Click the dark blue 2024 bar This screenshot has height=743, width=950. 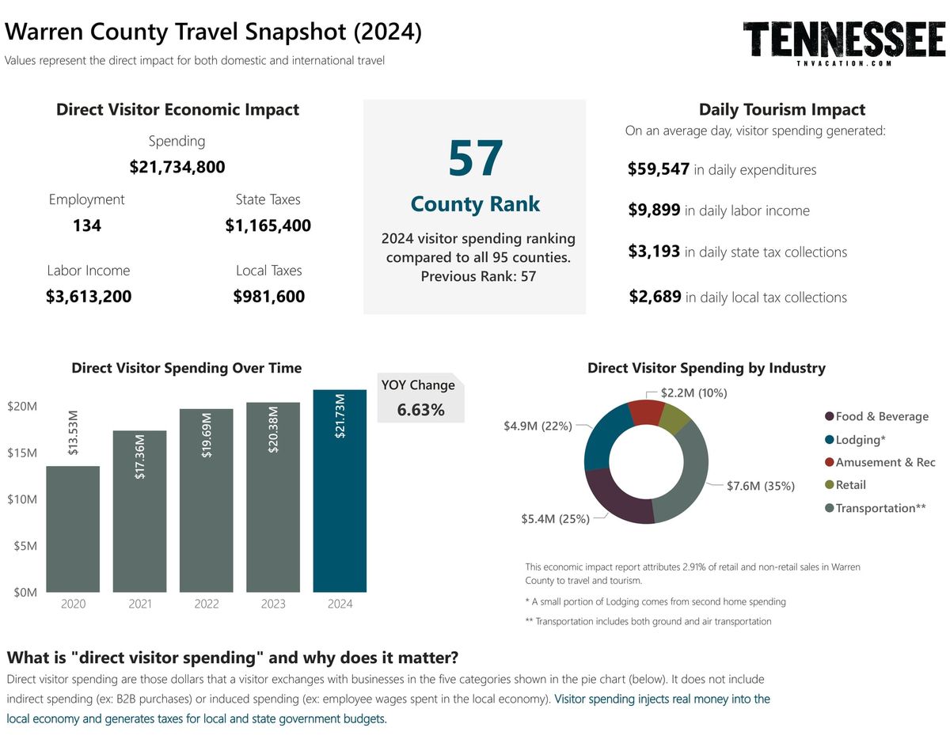coord(340,491)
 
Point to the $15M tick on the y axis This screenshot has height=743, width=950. coord(22,453)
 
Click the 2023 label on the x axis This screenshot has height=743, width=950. coord(273,604)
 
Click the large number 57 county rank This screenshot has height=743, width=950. coord(475,159)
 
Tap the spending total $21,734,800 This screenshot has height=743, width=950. coord(177,167)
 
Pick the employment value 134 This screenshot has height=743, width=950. coord(86,226)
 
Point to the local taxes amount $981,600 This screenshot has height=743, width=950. coord(268,297)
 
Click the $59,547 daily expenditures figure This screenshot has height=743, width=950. coord(658,169)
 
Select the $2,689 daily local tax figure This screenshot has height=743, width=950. coord(655,297)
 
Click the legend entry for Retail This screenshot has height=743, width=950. coord(850,485)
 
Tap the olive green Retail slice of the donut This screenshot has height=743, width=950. coord(674,416)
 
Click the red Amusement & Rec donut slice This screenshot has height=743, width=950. coord(645,411)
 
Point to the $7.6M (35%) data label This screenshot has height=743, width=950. coord(760,486)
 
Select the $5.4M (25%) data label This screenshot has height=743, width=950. coord(555,519)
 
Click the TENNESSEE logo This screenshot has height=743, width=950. coord(845,41)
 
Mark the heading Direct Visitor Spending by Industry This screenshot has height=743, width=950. coord(706,368)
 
